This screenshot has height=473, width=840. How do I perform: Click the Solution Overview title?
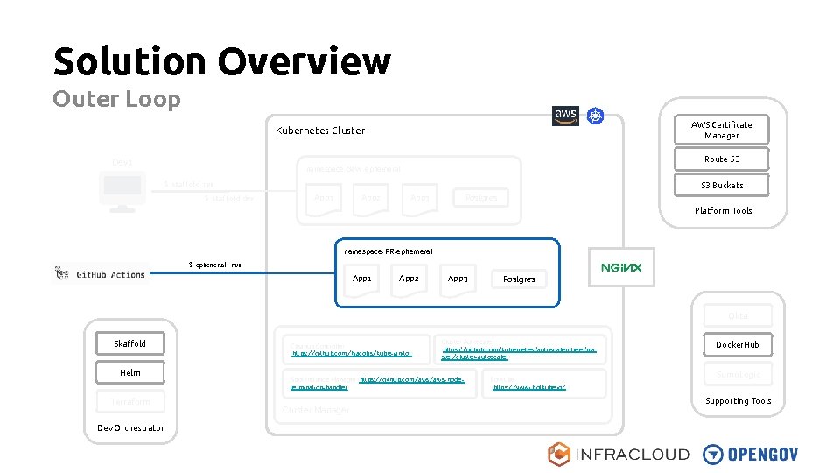[221, 61]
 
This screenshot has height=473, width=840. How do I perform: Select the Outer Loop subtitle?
[116, 99]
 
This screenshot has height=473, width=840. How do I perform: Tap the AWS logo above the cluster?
[565, 116]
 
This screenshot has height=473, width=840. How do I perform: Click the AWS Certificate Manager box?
[721, 130]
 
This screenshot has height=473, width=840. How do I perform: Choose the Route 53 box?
[721, 159]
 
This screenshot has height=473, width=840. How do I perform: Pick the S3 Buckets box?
[721, 185]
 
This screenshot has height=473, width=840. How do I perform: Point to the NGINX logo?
[620, 268]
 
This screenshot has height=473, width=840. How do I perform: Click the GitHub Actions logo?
[101, 274]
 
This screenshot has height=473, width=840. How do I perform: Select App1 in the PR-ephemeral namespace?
[361, 279]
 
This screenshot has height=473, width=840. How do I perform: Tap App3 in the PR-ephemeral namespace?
[458, 279]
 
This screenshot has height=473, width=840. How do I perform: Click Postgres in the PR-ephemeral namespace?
[518, 279]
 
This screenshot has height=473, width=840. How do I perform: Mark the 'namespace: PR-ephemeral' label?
[388, 251]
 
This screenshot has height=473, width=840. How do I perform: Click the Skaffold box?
[129, 343]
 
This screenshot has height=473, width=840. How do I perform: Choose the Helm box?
[129, 372]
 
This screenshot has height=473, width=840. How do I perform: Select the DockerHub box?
[738, 344]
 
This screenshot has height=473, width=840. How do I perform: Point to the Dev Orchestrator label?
[130, 427]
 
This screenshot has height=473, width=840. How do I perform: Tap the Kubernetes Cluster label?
[320, 131]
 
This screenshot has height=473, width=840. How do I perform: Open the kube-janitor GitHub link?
[339, 354]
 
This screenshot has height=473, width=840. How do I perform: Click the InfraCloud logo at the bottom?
[618, 454]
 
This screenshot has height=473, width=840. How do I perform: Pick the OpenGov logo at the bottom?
[751, 454]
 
